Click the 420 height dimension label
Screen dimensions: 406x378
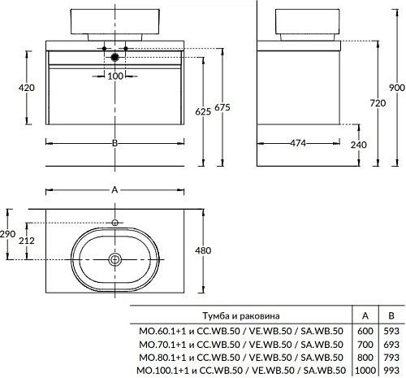(x=27, y=88)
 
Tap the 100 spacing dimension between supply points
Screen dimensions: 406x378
(x=115, y=76)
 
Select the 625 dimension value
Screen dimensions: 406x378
(x=203, y=111)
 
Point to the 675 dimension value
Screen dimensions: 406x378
(x=222, y=107)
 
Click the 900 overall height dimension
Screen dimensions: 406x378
(x=397, y=88)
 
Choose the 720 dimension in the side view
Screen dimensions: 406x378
(x=378, y=103)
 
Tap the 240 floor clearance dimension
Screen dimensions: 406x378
(x=359, y=145)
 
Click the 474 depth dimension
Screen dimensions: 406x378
(x=298, y=143)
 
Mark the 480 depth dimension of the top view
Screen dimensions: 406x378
(x=203, y=250)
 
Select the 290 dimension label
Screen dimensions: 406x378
(x=7, y=233)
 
